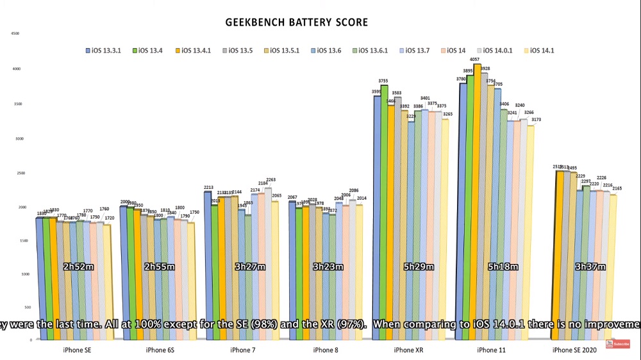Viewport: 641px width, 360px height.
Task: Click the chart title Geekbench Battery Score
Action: click(297, 22)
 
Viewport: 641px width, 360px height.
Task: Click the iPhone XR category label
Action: click(404, 350)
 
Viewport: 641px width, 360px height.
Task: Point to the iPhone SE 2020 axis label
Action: click(574, 350)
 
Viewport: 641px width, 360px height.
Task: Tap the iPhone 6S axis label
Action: click(160, 350)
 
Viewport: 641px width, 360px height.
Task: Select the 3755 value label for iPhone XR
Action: click(384, 81)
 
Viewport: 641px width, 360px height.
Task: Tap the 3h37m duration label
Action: click(590, 266)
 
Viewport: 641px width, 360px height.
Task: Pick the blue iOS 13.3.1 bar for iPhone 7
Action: click(208, 256)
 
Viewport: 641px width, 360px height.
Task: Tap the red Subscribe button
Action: click(621, 344)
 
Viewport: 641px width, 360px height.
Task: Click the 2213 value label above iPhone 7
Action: click(208, 188)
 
